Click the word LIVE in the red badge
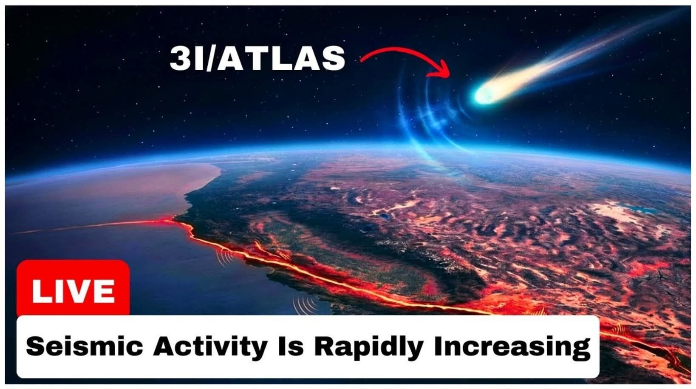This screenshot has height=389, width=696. tap(73, 291)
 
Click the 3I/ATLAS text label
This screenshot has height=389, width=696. tap(257, 59)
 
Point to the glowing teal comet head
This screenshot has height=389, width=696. tap(484, 94)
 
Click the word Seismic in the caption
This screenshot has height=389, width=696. tap(85, 346)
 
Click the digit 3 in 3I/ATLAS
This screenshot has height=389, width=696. tap(179, 59)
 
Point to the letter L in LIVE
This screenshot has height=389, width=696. tap(40, 291)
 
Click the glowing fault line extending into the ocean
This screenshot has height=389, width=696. tap(93, 226)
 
